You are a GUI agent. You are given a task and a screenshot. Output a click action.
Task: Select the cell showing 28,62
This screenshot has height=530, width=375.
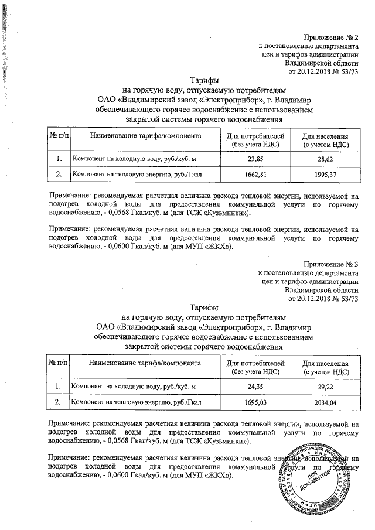[x=326, y=159]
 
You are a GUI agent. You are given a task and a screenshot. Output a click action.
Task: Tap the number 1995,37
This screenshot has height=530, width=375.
[x=326, y=175]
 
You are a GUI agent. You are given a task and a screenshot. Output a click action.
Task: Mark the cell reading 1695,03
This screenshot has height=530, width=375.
[x=255, y=402]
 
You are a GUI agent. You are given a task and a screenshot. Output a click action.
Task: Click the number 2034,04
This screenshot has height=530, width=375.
[x=326, y=402]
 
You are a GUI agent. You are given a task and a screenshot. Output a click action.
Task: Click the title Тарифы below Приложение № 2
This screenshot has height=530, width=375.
[x=204, y=80]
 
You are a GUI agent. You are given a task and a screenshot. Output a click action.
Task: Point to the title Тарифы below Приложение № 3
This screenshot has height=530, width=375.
[x=204, y=307]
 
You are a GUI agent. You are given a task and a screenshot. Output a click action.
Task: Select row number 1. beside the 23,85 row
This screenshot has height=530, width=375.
[x=59, y=159]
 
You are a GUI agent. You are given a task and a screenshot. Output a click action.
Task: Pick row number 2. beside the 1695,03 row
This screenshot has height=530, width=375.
[x=59, y=402]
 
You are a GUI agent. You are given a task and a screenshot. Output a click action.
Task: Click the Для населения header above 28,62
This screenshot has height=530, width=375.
[x=326, y=139]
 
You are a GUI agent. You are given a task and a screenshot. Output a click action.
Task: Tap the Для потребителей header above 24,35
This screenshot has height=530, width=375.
[x=255, y=367]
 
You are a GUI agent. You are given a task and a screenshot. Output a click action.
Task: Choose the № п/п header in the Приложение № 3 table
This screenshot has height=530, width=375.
[x=59, y=363]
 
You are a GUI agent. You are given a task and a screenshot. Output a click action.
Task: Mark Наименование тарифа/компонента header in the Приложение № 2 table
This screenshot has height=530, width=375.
[x=145, y=136]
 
